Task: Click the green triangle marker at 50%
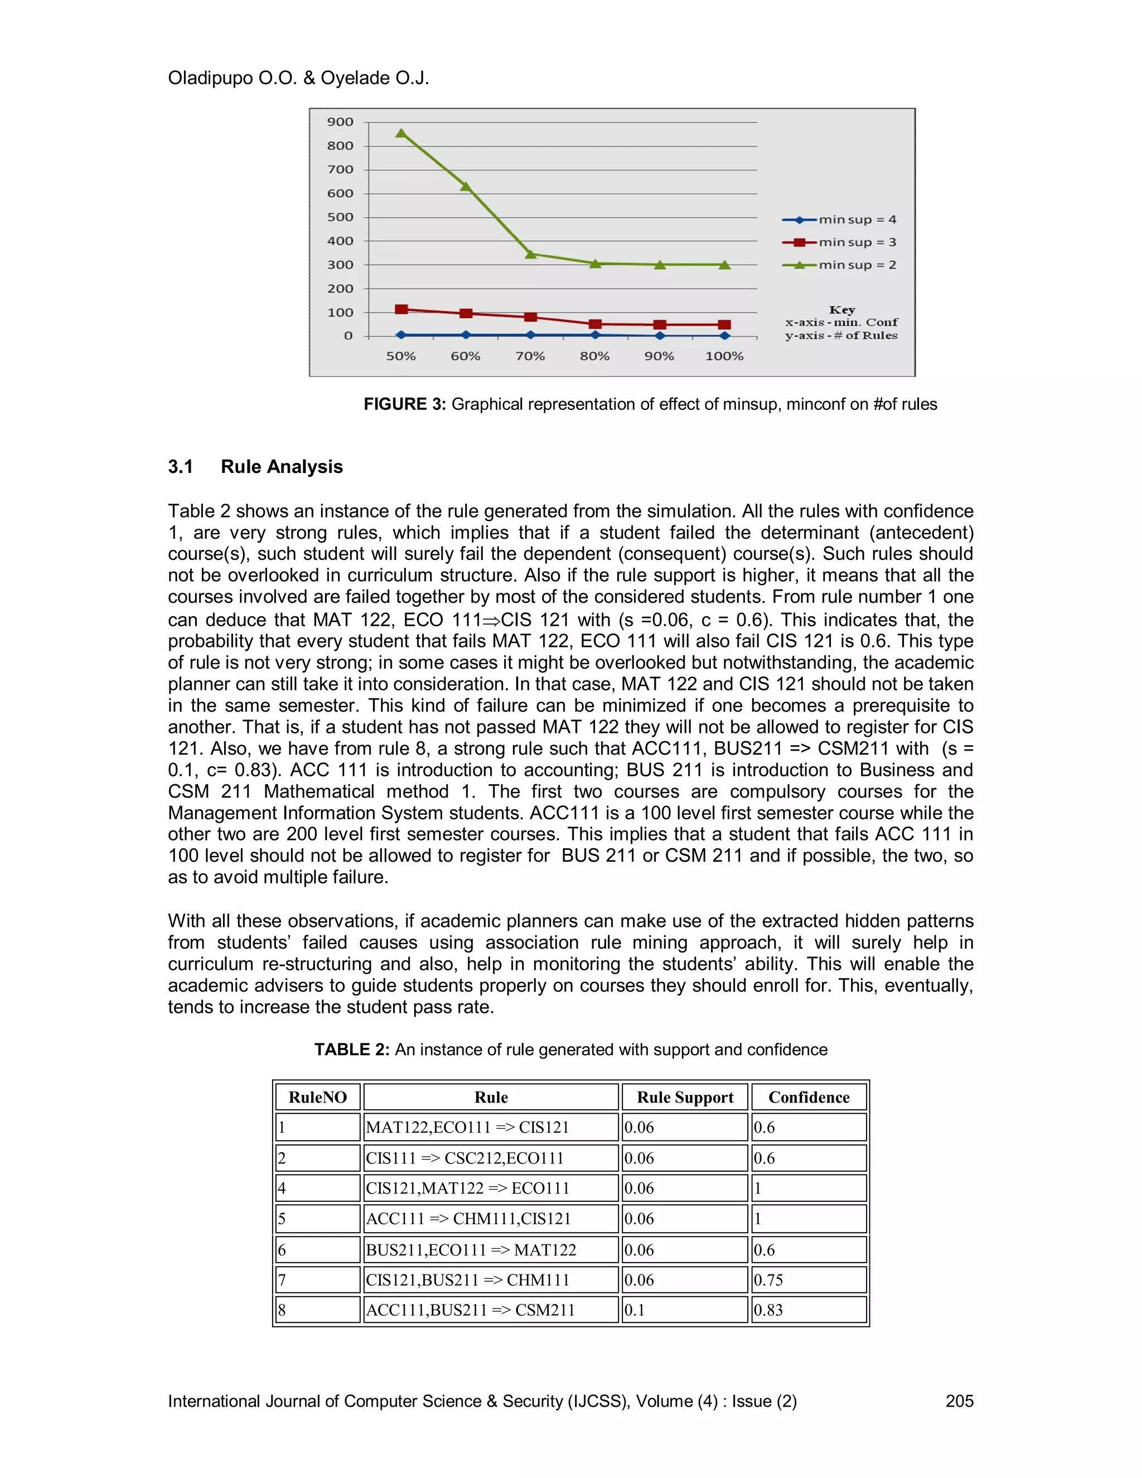click(401, 133)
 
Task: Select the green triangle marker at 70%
click(530, 254)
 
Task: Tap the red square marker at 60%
click(466, 313)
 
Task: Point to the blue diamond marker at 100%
click(724, 335)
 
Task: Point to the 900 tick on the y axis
click(340, 122)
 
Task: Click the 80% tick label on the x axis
click(594, 356)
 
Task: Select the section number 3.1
click(181, 466)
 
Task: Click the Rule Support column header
click(685, 1097)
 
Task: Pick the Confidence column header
click(809, 1097)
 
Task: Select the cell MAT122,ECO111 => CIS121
click(467, 1127)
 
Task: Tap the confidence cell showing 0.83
click(768, 1310)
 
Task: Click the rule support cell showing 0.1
click(635, 1310)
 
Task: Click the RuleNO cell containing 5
click(282, 1219)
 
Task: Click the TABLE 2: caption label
click(352, 1050)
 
